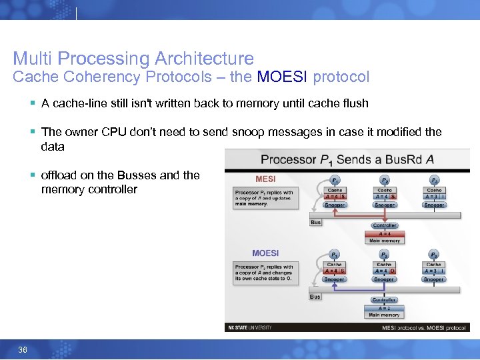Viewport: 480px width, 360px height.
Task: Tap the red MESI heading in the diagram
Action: [x=265, y=179]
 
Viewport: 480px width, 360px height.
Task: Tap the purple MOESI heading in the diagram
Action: [x=265, y=253]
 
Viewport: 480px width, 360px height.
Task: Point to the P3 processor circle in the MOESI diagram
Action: [x=434, y=255]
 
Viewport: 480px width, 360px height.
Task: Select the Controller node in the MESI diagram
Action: [x=385, y=226]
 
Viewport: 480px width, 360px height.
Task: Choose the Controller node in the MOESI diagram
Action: [x=385, y=300]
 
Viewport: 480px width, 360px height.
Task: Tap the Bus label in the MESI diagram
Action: [x=315, y=222]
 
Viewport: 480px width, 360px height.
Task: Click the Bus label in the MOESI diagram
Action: [x=315, y=297]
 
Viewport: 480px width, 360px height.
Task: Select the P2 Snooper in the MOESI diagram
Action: [x=385, y=279]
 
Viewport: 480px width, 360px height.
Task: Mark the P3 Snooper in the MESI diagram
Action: [x=434, y=205]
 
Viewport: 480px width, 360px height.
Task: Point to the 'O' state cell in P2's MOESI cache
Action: [x=393, y=271]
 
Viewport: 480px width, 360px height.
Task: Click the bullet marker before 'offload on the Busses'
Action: [x=32, y=175]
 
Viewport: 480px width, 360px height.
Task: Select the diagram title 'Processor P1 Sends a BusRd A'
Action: [x=348, y=159]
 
